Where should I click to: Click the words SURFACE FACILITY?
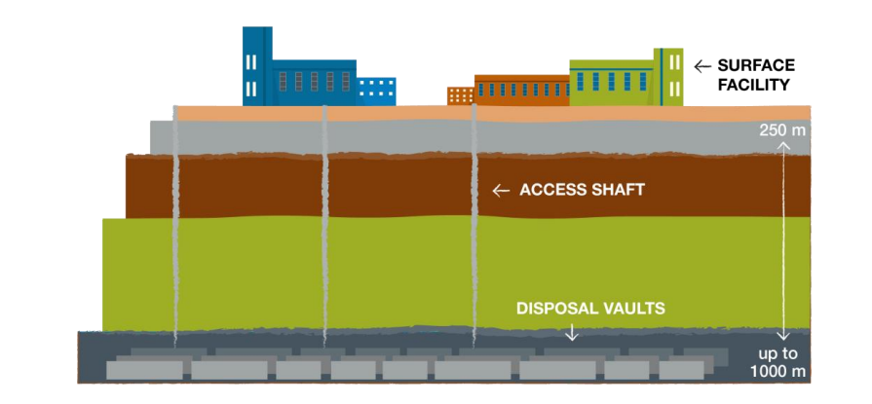(756, 75)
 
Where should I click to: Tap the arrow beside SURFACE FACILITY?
(701, 66)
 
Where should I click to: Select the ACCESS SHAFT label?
(582, 190)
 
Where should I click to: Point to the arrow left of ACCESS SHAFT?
(501, 191)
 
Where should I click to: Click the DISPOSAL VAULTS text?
(590, 309)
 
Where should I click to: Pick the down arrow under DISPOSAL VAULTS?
(572, 333)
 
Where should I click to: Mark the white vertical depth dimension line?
(782, 243)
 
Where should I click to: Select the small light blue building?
(377, 91)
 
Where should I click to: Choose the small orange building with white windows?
(460, 95)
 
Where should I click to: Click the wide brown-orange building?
(520, 90)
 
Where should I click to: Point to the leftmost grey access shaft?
(175, 224)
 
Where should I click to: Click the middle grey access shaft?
(324, 224)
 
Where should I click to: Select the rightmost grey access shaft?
(474, 224)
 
